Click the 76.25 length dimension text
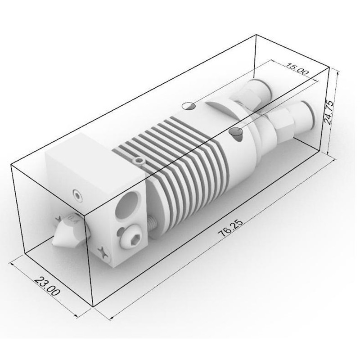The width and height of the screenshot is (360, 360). click(x=228, y=229)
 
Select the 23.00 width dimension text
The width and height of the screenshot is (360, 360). click(x=47, y=285)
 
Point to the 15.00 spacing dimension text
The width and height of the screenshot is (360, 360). click(x=297, y=71)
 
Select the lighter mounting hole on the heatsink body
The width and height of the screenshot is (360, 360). click(x=189, y=106)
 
